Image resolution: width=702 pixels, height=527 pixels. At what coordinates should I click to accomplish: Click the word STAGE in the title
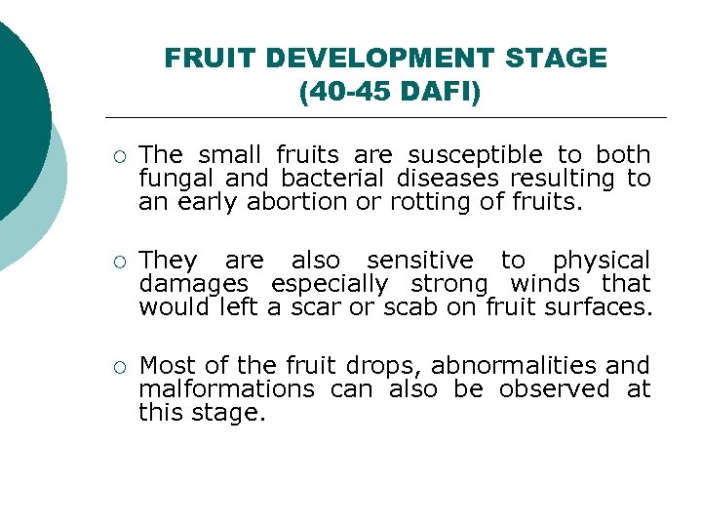coord(556,59)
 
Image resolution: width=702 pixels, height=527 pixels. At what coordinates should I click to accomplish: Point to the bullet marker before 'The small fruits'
coord(118,156)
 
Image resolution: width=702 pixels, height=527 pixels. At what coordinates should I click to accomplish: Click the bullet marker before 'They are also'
coord(118,262)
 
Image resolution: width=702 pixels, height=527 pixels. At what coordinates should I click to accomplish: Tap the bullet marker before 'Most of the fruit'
coord(118,367)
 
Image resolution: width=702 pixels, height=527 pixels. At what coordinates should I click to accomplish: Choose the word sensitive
coord(419,260)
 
